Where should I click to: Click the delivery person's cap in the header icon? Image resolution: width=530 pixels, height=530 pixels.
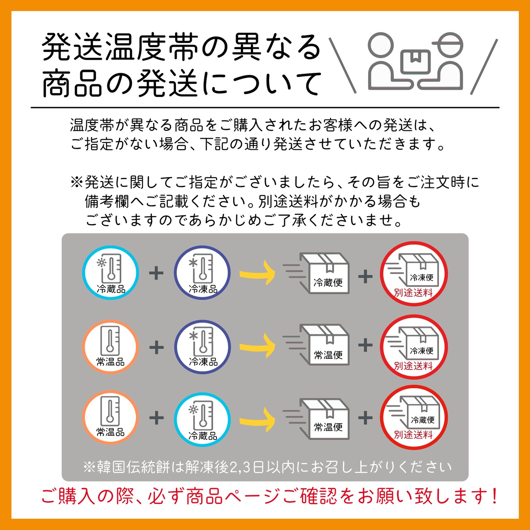[x=446, y=40]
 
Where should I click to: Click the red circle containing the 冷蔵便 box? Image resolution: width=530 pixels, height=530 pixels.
[x=414, y=417]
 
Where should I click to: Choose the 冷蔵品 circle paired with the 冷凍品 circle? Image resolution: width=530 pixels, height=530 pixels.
[x=111, y=273]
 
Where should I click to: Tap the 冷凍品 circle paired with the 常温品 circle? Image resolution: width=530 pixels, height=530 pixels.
[x=202, y=347]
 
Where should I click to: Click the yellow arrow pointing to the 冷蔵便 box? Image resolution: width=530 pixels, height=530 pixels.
[x=257, y=273]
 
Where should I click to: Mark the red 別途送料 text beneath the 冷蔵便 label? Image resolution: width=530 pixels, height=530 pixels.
[x=413, y=435]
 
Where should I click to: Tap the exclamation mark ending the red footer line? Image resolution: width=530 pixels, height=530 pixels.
[x=495, y=496]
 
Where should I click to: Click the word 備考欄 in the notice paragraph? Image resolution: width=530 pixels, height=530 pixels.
[x=107, y=201]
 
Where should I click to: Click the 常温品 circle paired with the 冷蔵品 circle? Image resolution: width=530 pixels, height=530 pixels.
[x=110, y=417]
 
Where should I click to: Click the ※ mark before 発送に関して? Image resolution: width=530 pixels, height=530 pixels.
[x=77, y=182]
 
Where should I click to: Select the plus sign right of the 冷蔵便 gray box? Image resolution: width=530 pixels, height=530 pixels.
[x=365, y=276]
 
